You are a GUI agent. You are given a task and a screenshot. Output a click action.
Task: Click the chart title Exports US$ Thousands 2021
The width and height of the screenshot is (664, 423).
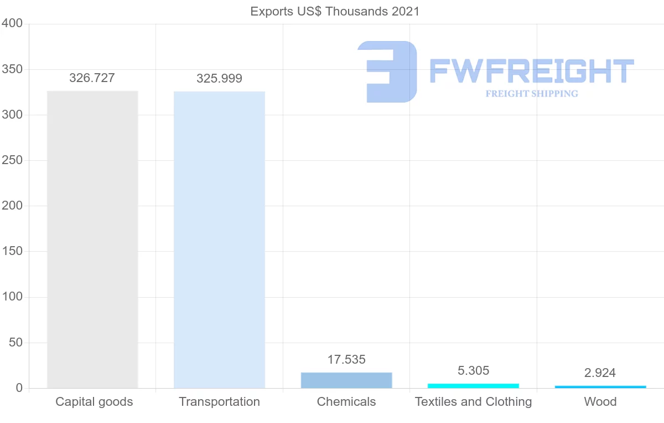[335, 11]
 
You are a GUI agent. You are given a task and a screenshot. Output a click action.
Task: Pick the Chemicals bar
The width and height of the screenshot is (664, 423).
[346, 380]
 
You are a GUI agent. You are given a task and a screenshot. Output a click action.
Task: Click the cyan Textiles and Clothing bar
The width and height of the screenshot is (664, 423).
[473, 385]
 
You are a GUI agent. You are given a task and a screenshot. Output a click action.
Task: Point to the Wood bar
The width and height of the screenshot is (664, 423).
[600, 386]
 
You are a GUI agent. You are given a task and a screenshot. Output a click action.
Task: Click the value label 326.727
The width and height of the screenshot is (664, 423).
[92, 78]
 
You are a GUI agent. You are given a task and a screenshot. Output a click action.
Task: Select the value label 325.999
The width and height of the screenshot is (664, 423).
[219, 79]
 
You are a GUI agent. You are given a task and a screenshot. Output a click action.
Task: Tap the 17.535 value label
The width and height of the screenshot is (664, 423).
[346, 359]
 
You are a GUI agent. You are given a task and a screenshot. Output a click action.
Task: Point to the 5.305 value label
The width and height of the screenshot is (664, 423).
[473, 370]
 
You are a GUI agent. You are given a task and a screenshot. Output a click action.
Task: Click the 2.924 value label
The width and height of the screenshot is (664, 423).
[600, 373]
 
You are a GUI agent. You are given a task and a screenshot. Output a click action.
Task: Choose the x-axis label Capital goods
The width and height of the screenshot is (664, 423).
[94, 401]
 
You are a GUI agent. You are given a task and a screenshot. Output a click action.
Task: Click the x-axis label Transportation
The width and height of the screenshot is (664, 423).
[219, 401]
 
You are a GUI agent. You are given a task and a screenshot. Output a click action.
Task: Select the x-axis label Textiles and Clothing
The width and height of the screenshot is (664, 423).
[473, 401]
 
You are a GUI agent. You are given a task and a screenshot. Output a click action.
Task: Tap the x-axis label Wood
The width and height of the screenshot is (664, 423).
[600, 401]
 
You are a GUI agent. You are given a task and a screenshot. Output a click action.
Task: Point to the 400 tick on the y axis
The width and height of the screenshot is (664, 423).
[12, 23]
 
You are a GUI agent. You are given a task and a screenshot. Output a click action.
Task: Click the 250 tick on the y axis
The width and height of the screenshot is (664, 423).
[12, 160]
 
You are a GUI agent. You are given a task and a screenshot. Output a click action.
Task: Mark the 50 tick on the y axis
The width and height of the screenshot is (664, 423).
[15, 343]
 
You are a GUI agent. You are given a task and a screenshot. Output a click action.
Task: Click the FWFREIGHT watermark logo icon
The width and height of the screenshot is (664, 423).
[388, 72]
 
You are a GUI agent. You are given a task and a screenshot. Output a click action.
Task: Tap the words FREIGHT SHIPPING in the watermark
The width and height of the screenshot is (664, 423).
[532, 94]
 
